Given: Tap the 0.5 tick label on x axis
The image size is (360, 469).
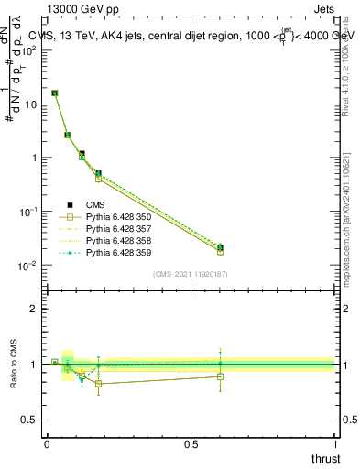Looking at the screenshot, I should click(x=191, y=443).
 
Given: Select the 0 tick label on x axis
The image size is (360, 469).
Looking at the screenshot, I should click(x=47, y=443).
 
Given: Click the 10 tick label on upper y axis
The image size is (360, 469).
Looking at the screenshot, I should click(x=30, y=104).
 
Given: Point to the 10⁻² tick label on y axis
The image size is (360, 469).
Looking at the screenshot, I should click(x=27, y=266).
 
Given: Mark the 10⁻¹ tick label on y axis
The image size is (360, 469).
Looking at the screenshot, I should click(x=27, y=212).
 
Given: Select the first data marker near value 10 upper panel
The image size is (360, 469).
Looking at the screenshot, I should click(x=55, y=93).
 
